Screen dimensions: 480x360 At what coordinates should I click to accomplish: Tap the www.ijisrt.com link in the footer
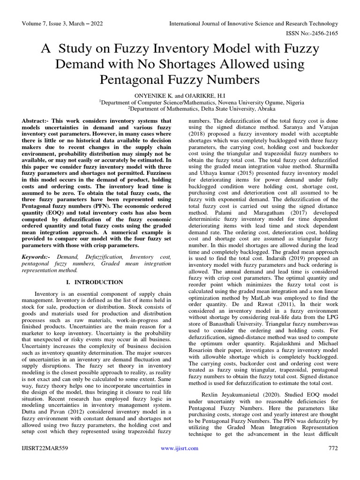180,449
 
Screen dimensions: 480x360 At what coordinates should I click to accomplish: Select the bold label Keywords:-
37,257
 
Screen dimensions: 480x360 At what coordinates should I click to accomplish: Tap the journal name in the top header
253,23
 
